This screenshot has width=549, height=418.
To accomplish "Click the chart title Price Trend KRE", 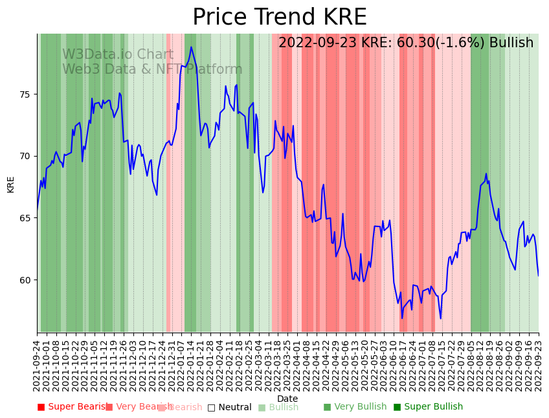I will (x=279, y=17).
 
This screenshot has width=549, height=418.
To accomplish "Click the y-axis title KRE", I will (x=10, y=184).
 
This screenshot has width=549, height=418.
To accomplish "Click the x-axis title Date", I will (x=287, y=399).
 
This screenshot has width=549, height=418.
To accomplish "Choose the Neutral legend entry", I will (x=229, y=407).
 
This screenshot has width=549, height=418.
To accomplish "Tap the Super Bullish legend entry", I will (x=428, y=407).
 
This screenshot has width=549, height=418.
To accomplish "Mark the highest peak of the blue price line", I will (x=191, y=47).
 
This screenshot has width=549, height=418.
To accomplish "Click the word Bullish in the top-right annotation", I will (x=511, y=43).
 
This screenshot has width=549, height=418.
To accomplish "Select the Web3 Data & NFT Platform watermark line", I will (x=152, y=69).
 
